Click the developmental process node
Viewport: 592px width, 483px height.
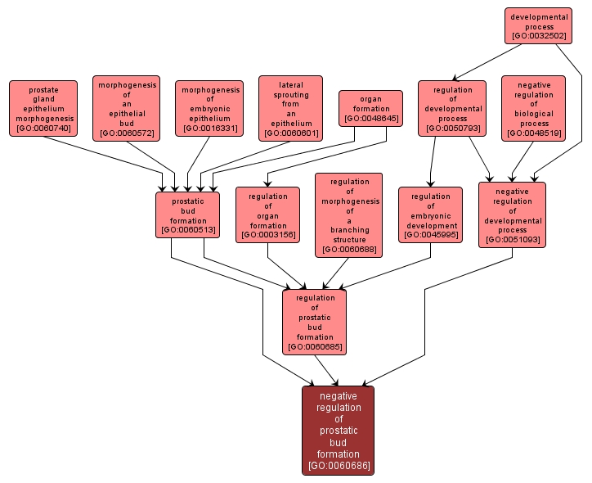tap(538, 26)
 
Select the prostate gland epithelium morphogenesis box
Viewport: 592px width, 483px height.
tap(43, 108)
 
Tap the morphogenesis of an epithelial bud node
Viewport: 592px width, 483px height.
tap(126, 108)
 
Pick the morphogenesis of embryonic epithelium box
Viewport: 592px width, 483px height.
tap(209, 108)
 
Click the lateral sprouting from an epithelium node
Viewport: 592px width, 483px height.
tap(290, 108)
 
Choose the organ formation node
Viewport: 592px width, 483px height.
tap(370, 108)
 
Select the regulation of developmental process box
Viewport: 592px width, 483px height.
tap(452, 108)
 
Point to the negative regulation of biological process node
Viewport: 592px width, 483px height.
tap(534, 108)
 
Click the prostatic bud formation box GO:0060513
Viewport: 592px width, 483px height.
tap(187, 214)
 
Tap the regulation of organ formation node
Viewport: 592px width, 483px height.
tap(267, 214)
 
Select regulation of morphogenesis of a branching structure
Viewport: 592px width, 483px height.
tap(348, 214)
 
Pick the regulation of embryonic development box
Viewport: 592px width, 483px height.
tap(430, 214)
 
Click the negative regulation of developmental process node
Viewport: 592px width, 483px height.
tap(512, 214)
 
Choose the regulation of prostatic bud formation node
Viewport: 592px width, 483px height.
tap(315, 322)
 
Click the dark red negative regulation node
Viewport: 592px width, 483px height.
tap(338, 430)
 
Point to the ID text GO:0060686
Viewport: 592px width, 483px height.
tap(338, 466)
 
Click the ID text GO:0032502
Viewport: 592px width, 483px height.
tap(538, 37)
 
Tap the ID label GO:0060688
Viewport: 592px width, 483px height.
tap(348, 249)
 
